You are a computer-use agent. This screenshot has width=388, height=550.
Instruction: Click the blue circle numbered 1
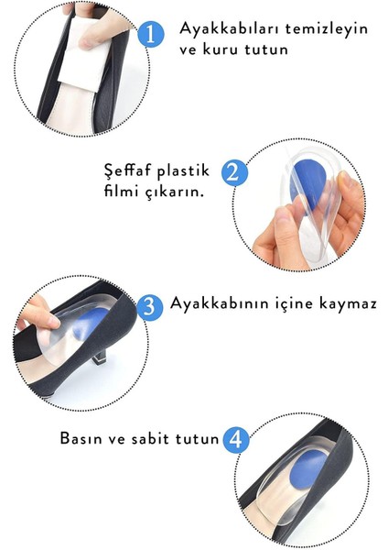151,34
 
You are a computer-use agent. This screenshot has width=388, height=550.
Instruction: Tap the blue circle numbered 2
235,171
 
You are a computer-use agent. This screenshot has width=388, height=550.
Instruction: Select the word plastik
186,170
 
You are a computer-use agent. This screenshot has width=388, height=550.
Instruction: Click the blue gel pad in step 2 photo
301,188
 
